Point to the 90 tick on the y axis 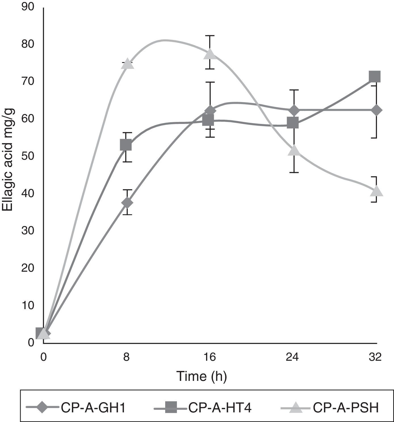pos(28,7)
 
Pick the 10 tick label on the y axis pos(28,305)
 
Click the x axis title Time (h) pos(202,376)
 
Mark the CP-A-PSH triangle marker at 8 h pos(127,64)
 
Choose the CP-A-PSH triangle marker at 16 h pos(210,54)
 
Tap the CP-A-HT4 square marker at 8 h pos(126,145)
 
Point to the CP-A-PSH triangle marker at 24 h pos(294,151)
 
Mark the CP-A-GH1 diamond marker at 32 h pos(376,110)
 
